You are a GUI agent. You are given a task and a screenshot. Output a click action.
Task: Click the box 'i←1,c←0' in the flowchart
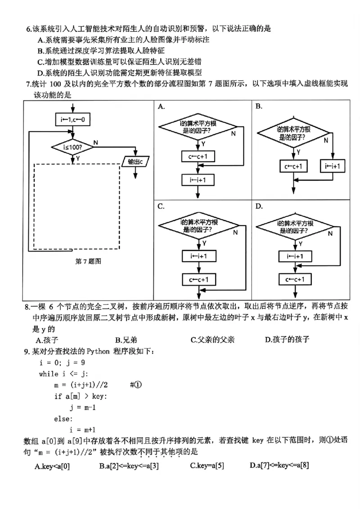coord(72,120)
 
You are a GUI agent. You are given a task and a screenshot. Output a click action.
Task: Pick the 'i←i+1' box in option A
coord(198,180)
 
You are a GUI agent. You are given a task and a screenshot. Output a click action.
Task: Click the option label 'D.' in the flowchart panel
coord(259,206)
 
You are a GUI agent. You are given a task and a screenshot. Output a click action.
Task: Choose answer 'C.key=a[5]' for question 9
coord(207,466)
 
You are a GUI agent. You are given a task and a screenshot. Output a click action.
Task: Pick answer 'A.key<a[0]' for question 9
coord(52,466)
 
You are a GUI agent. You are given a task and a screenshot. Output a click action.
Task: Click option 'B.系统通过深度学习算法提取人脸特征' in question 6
coord(101,51)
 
